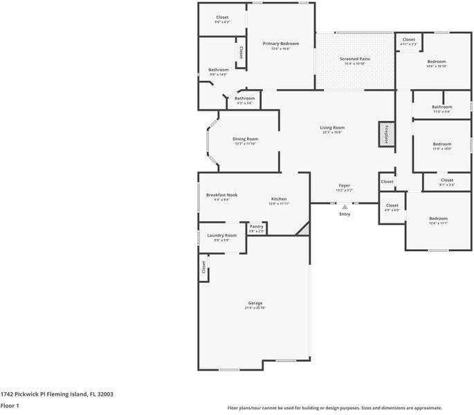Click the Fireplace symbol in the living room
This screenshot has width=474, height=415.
(x=385, y=134)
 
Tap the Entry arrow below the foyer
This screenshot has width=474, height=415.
(x=345, y=206)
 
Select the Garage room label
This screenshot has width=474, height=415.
(x=255, y=303)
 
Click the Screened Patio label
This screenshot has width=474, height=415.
(x=354, y=59)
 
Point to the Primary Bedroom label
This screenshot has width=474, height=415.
(x=280, y=44)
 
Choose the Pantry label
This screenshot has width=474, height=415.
(x=256, y=226)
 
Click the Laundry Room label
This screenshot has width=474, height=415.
(x=221, y=235)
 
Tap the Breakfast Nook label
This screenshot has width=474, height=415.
(x=221, y=195)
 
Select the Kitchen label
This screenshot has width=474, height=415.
(x=279, y=199)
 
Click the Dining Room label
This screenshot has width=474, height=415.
(x=245, y=139)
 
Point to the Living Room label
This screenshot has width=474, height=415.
(x=332, y=127)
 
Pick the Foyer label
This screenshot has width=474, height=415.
(x=344, y=186)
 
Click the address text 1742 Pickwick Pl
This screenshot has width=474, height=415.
(x=57, y=394)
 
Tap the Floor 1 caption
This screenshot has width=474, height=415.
(x=10, y=406)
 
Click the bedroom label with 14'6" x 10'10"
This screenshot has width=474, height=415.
(x=436, y=62)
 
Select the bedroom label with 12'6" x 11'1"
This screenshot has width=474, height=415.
(x=438, y=219)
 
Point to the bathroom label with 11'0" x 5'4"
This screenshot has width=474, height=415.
(x=441, y=107)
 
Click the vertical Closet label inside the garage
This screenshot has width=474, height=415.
(x=203, y=268)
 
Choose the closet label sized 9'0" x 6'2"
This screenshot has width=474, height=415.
(x=222, y=17)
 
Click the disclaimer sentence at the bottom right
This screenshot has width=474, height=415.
(x=335, y=408)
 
